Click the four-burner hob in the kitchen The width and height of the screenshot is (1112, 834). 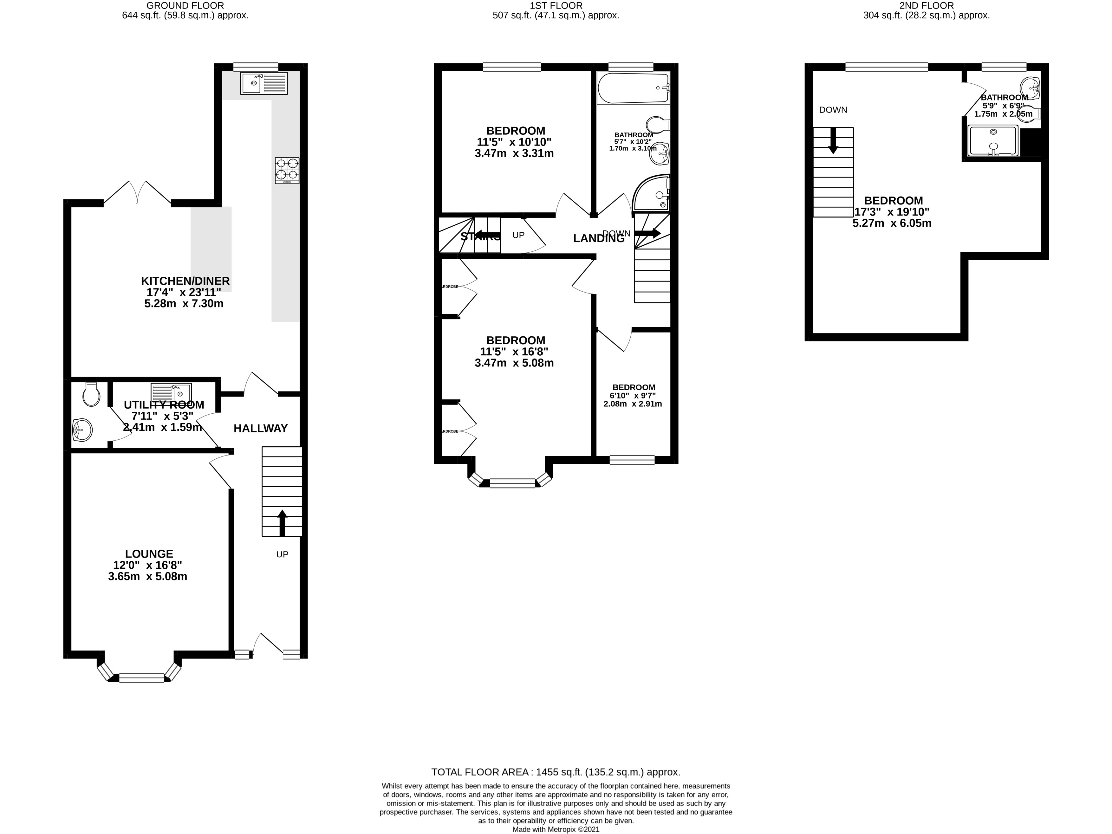pos(287,171)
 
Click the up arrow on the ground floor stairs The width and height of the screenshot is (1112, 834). pos(282,523)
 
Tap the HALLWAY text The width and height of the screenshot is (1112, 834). pos(260,428)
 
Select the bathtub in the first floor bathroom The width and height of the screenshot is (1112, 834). pos(633,88)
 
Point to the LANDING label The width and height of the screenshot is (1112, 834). pos(599,239)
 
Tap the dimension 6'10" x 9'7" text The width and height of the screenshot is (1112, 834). pos(634,396)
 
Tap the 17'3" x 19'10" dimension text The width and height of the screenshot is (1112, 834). pos(892,212)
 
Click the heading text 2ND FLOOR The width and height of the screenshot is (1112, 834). pos(927,5)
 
